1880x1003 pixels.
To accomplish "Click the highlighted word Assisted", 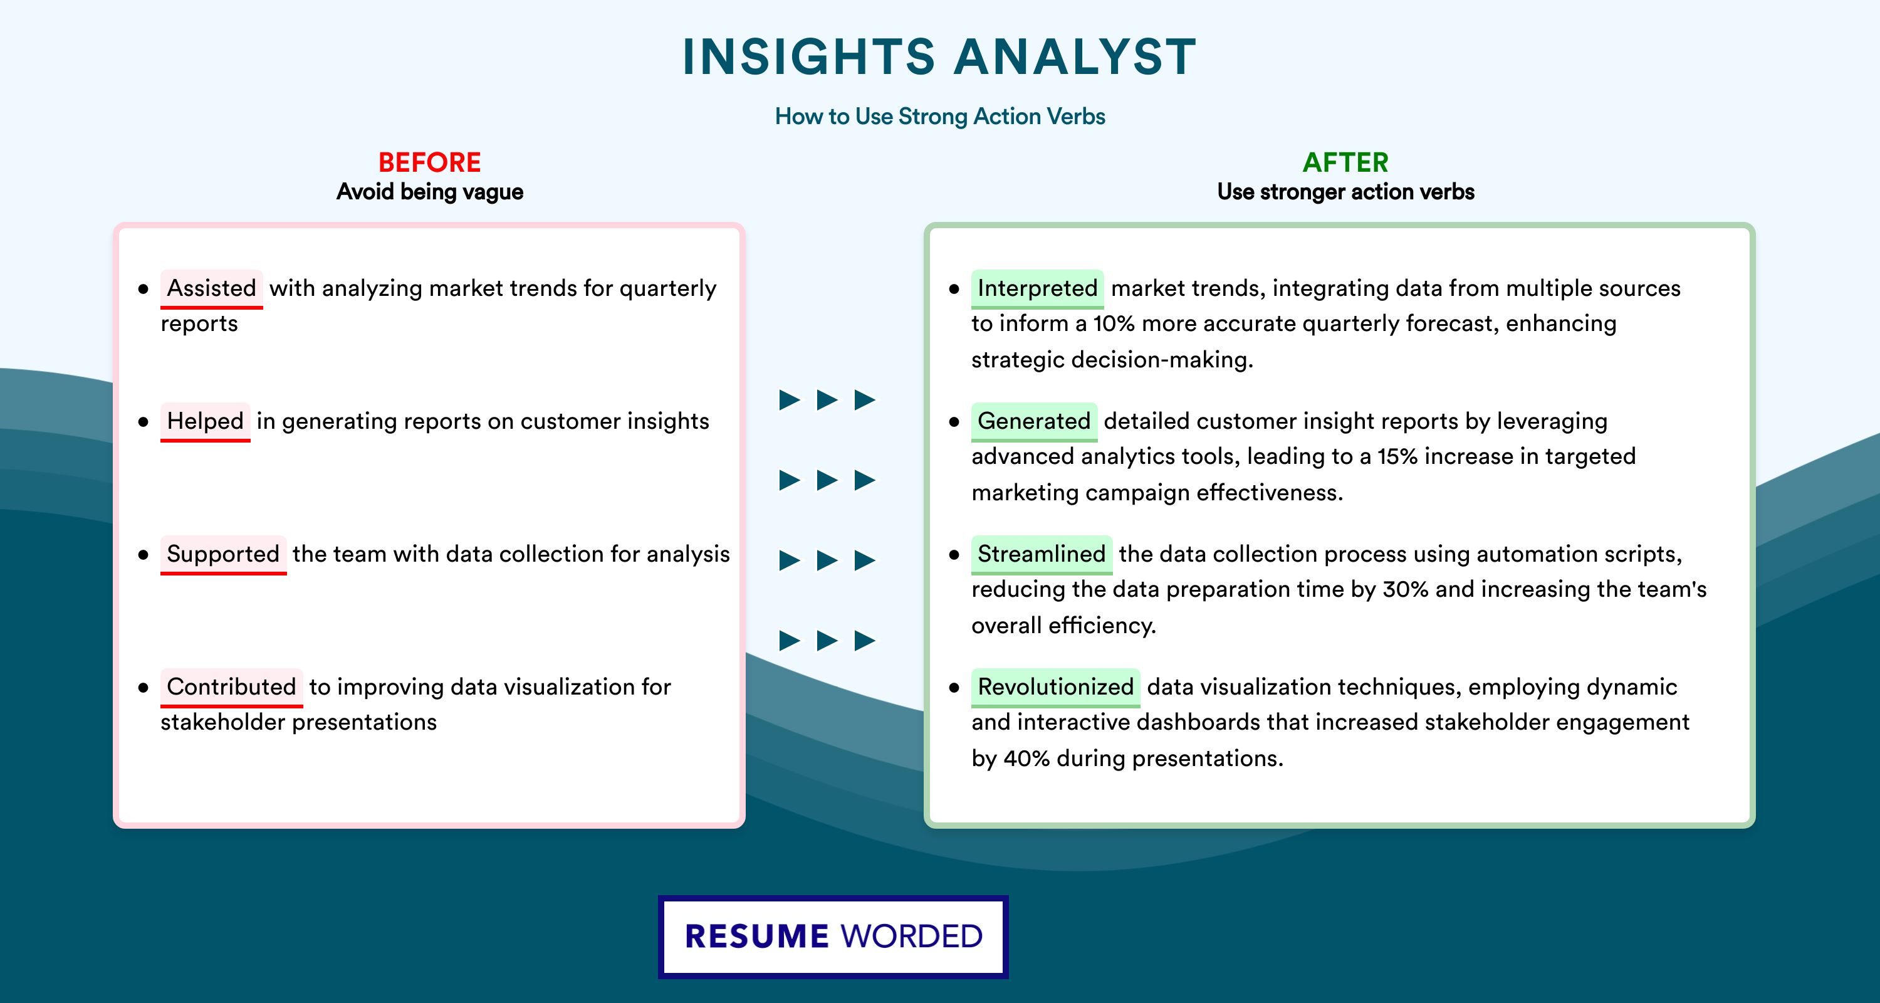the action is pyautogui.click(x=212, y=288).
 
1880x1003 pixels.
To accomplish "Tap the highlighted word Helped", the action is pyautogui.click(x=205, y=421).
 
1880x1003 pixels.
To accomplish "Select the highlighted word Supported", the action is pyautogui.click(x=223, y=554).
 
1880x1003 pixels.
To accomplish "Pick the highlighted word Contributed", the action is pyautogui.click(x=231, y=687).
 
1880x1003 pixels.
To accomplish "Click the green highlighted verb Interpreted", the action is pyautogui.click(x=1037, y=288).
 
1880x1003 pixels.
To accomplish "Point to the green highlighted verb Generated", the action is pyautogui.click(x=1034, y=421).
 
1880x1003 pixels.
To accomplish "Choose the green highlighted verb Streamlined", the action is pyautogui.click(x=1042, y=554).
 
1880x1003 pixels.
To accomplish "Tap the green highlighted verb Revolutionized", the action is pyautogui.click(x=1055, y=687).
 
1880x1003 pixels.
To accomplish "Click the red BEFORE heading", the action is pyautogui.click(x=430, y=162).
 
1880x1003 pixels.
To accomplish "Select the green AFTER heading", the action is pyautogui.click(x=1346, y=162).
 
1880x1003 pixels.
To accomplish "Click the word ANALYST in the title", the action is pyautogui.click(x=1074, y=57).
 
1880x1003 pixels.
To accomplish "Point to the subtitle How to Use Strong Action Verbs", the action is pyautogui.click(x=940, y=116).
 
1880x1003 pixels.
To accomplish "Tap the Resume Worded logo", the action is pyautogui.click(x=833, y=937).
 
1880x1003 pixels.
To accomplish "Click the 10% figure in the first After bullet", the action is pyautogui.click(x=1114, y=323).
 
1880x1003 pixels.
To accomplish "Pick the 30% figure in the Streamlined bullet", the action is pyautogui.click(x=1406, y=589).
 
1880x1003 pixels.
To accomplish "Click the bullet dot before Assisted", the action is pyautogui.click(x=143, y=289).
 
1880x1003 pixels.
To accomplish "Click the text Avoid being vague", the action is pyautogui.click(x=430, y=192).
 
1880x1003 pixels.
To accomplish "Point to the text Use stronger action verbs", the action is pyautogui.click(x=1346, y=192).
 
